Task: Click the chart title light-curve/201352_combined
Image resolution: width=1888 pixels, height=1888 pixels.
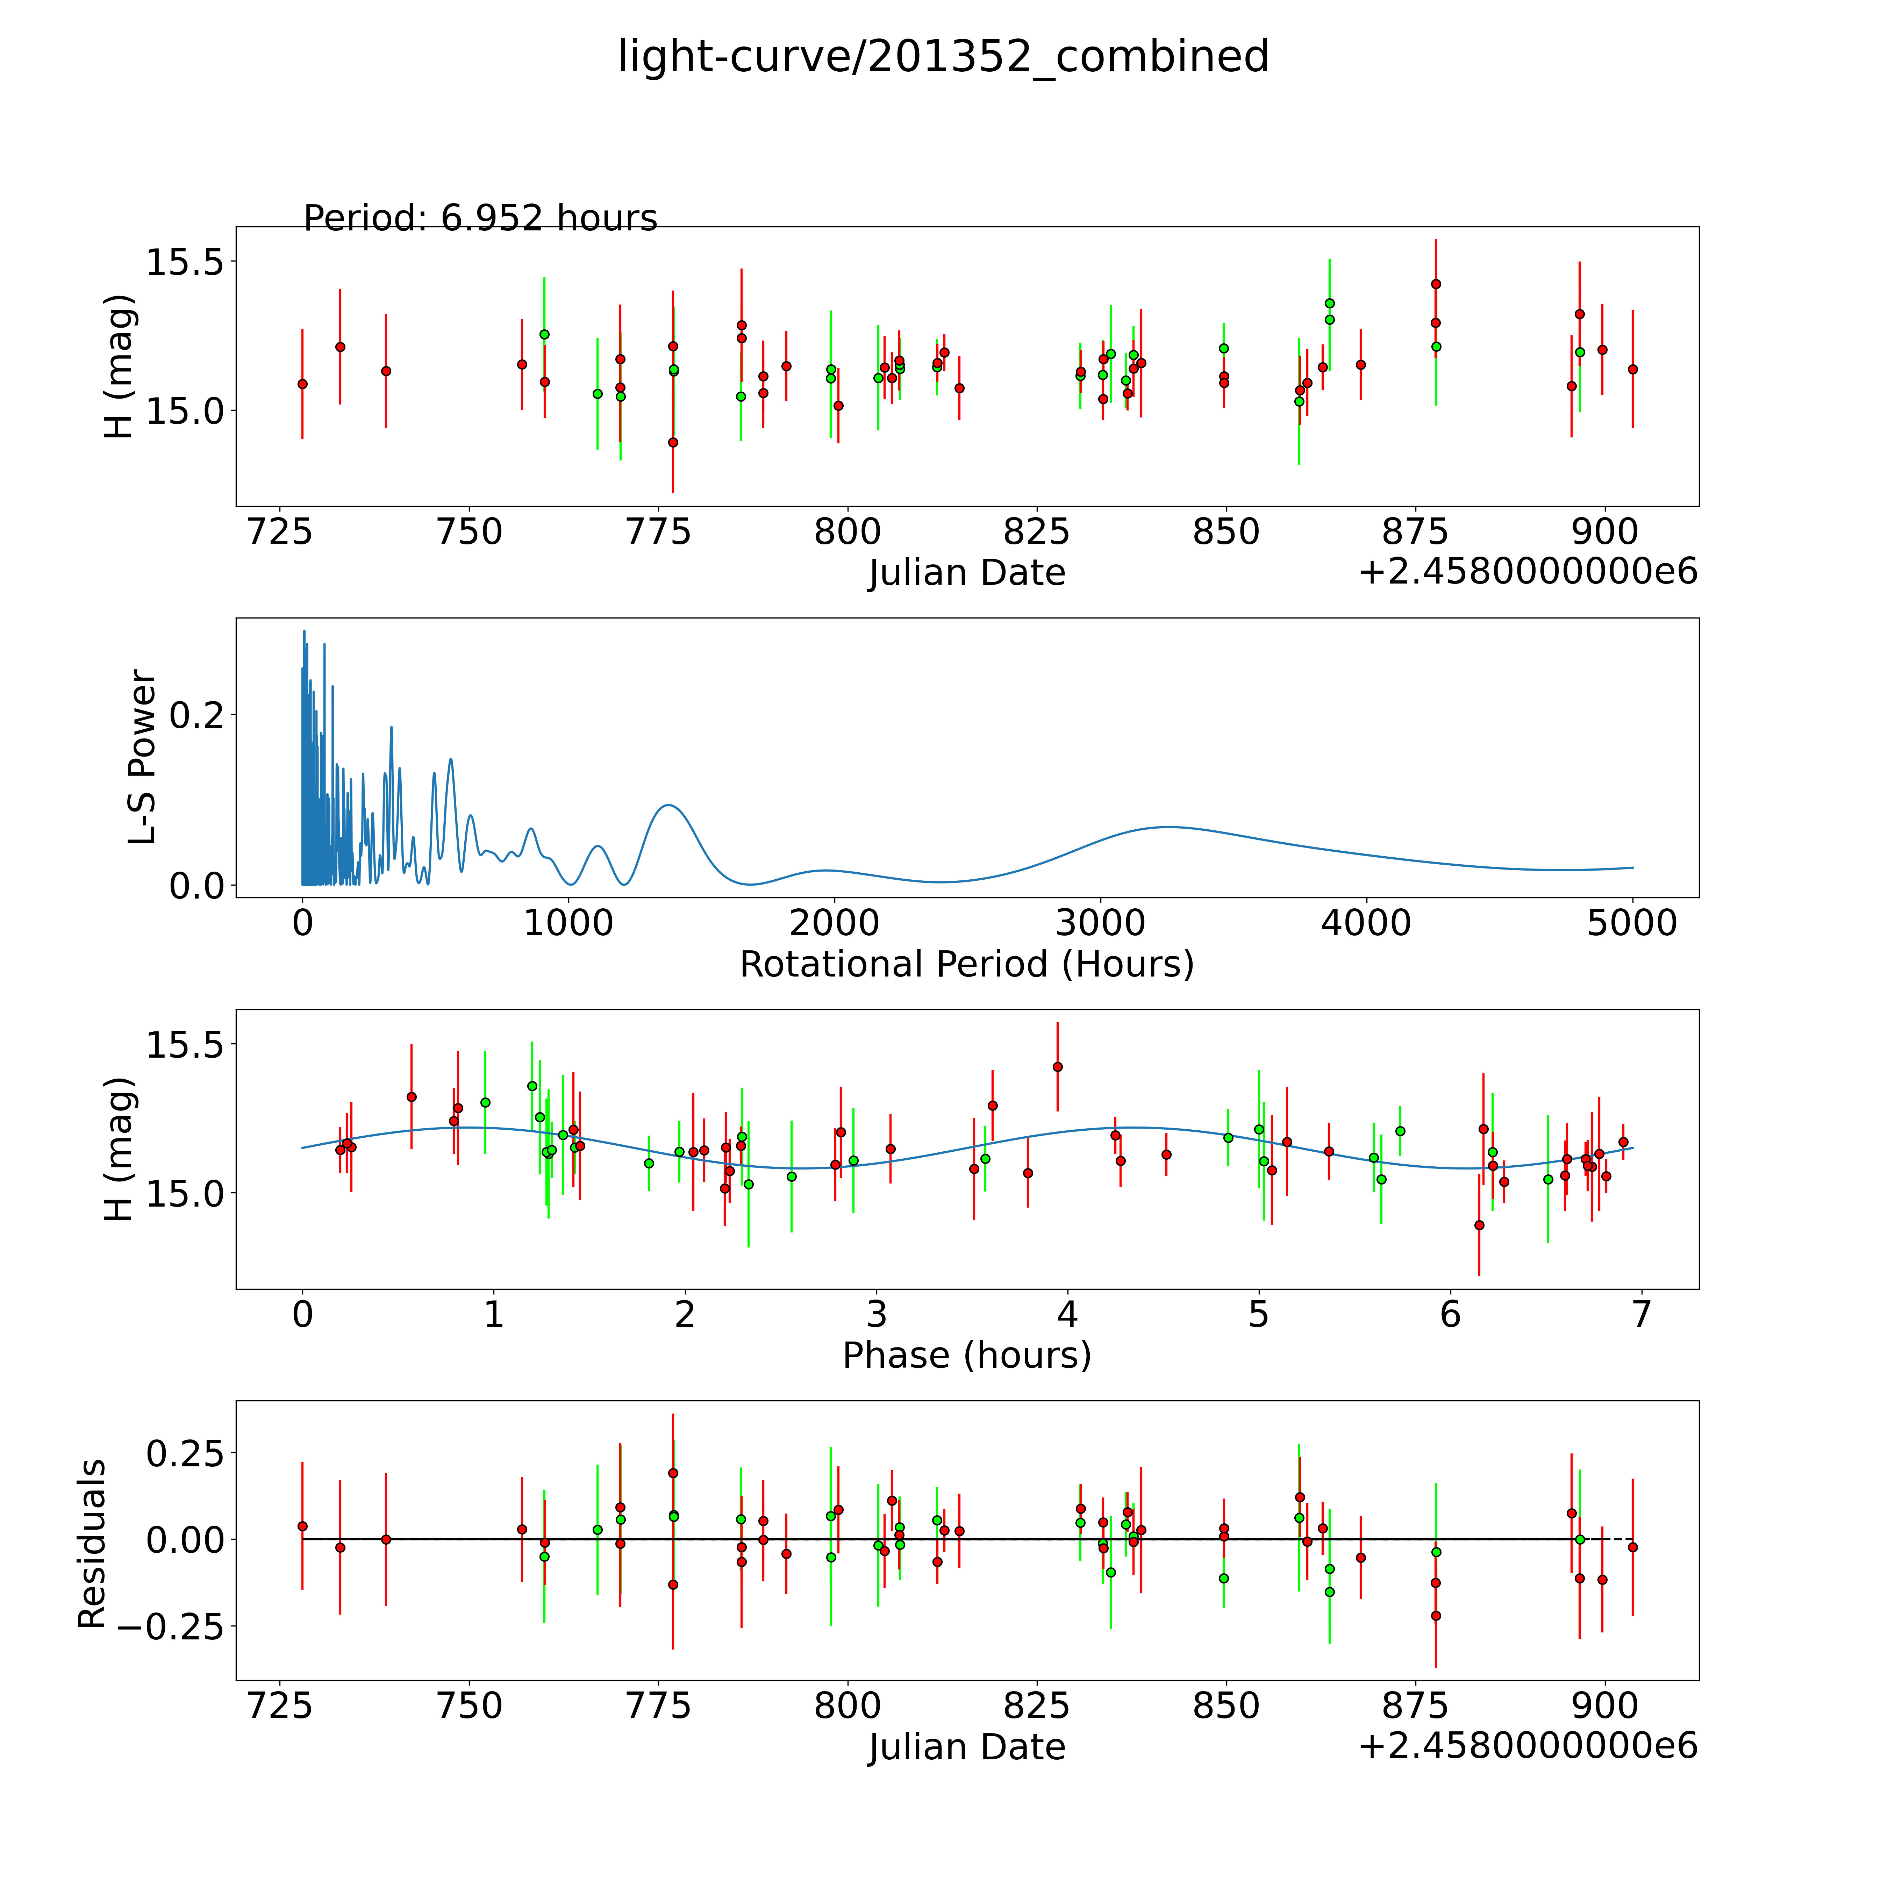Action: (943, 57)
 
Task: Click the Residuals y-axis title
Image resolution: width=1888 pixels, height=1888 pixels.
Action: (92, 1544)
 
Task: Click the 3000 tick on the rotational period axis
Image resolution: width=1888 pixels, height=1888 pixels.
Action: (1100, 923)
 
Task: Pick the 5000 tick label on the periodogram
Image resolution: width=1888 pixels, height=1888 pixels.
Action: (1632, 923)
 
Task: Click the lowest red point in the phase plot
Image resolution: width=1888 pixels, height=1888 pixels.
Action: (1479, 1224)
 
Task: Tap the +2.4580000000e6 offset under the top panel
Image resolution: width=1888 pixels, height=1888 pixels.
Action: (1528, 572)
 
